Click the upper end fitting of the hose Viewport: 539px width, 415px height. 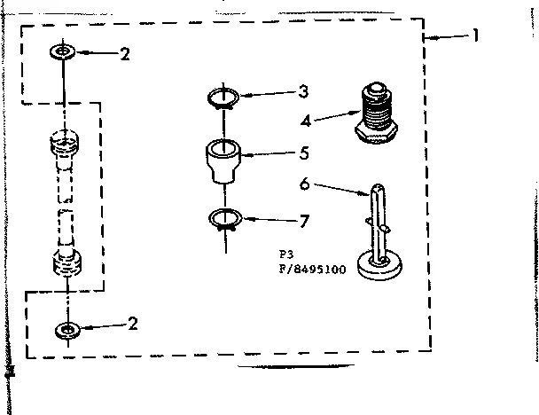[x=65, y=143]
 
